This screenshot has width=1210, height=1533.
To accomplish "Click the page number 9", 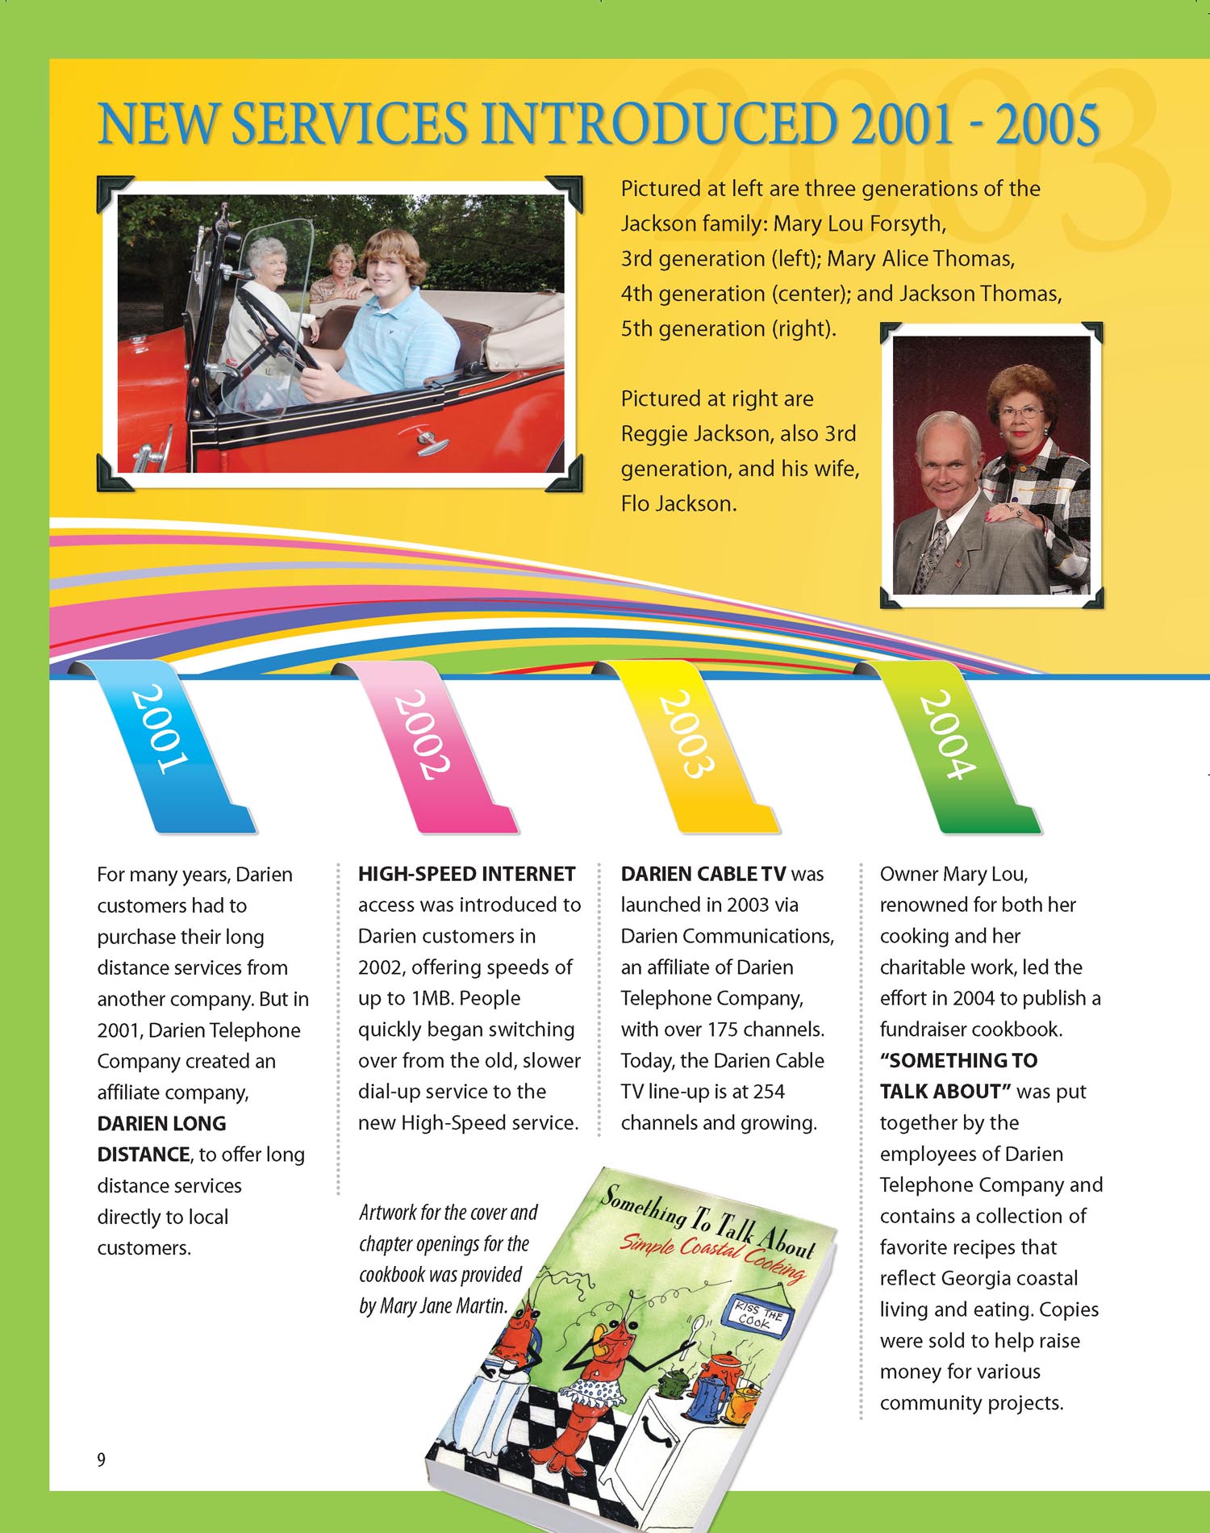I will coord(101,1459).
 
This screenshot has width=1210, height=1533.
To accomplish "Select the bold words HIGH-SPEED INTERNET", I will coord(466,874).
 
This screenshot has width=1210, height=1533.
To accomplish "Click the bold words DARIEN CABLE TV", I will coord(703,874).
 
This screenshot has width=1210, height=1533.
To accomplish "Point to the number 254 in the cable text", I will coord(768,1092).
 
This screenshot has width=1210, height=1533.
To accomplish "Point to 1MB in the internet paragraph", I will coord(436,998).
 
